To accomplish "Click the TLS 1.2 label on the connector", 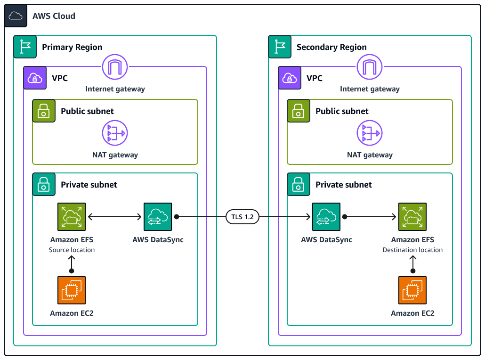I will [242, 217].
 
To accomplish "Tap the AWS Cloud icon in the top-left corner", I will [16, 16].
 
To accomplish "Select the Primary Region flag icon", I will [25, 47].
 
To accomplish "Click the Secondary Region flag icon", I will [280, 47].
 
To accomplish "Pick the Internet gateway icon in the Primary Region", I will [115, 67].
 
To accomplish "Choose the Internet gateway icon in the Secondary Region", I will [370, 67].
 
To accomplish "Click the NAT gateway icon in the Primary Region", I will [115, 133].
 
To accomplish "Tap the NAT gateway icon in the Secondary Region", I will [370, 133].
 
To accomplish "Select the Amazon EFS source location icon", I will [72, 217].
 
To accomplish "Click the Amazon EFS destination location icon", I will [412, 217].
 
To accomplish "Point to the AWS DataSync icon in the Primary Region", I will [158, 217].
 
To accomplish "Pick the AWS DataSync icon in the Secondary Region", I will [326, 217].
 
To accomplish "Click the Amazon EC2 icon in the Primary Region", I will [72, 290].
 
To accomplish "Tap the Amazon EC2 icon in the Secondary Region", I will [412, 290].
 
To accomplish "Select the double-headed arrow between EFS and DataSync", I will [115, 217].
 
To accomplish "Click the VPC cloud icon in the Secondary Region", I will [290, 78].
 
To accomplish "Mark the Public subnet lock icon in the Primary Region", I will [44, 111].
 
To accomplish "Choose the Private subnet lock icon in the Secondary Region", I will [299, 184].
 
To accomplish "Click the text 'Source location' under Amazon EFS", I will [72, 250].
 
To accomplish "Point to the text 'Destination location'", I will [412, 250].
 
